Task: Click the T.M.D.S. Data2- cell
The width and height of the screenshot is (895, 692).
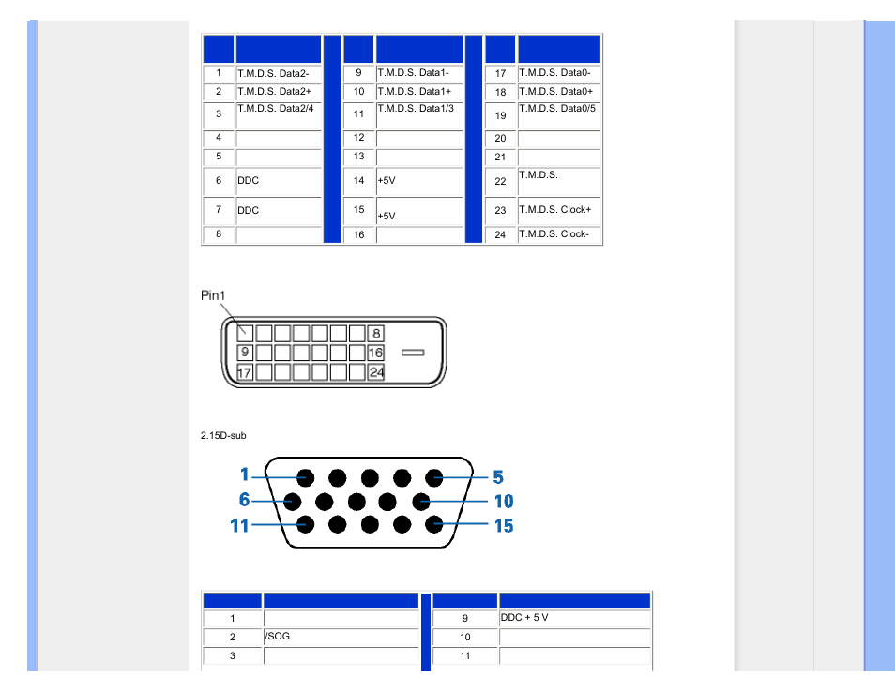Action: pos(279,73)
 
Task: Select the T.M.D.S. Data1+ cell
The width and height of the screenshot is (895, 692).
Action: pos(419,92)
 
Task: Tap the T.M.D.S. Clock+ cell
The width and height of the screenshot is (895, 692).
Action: pos(559,210)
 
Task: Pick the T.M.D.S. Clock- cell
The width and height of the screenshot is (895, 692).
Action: pos(559,234)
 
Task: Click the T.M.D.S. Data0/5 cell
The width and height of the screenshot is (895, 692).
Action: pos(559,115)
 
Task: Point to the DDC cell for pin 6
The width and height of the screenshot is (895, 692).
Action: pos(279,181)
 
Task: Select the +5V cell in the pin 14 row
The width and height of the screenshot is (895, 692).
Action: pos(419,181)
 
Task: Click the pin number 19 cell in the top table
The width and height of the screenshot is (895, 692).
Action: pos(500,115)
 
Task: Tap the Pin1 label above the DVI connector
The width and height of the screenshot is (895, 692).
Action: pos(213,295)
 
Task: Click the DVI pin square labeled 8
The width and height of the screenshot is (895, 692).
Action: pos(375,333)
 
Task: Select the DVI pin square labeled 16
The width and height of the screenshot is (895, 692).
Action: pos(375,353)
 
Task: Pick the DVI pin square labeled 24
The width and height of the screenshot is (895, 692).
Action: pos(375,372)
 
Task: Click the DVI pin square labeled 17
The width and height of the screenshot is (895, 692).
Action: pos(244,372)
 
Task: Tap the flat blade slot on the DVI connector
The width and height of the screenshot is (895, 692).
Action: pos(413,353)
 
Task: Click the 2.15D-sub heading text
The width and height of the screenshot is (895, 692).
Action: pos(223,435)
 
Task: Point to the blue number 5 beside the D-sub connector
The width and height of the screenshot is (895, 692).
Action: pos(498,477)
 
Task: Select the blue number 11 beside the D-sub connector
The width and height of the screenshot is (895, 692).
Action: pos(240,525)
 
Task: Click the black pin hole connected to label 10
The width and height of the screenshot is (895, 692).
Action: pos(421,502)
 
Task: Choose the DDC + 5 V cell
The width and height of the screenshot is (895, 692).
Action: pos(574,619)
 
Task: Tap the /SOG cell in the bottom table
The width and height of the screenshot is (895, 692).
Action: pos(341,638)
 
